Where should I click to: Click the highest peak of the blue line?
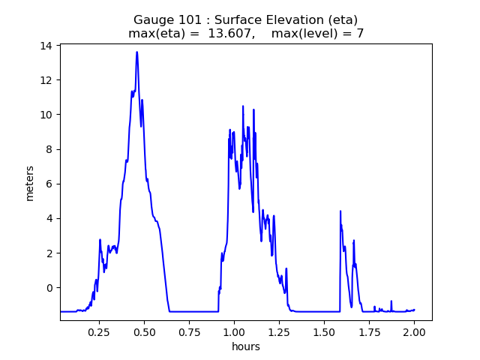[136, 52]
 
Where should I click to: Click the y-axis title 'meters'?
[30, 182]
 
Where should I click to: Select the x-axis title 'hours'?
[245, 346]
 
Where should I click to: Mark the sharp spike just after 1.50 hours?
[340, 211]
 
